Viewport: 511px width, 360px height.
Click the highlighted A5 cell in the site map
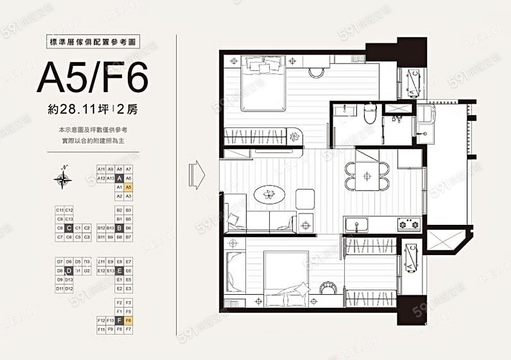128,186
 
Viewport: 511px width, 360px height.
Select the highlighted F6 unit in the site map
128,320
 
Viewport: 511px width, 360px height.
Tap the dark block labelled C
68,228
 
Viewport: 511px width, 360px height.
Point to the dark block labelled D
68,271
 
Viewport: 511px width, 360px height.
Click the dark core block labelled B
119,228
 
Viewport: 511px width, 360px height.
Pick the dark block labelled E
119,271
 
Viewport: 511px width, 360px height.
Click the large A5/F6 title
93,78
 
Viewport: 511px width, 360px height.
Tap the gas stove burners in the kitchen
408,224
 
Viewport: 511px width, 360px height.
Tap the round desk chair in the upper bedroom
316,72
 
